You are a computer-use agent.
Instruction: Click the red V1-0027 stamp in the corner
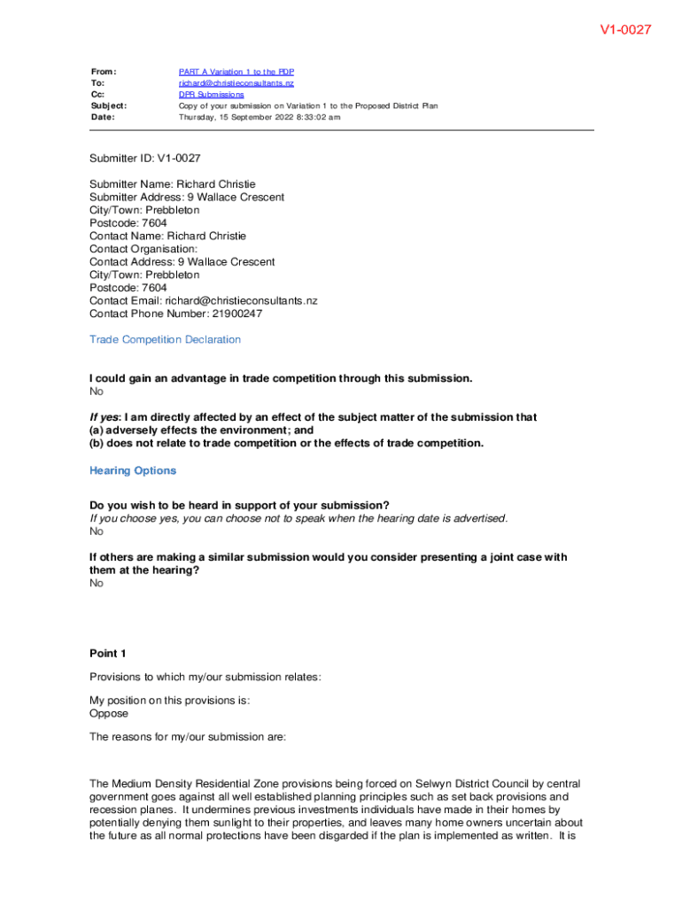(x=625, y=30)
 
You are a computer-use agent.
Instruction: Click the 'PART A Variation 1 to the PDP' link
(x=236, y=72)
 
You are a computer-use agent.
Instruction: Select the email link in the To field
(x=236, y=83)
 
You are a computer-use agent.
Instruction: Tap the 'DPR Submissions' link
(x=212, y=95)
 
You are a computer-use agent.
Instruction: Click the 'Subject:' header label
(x=109, y=105)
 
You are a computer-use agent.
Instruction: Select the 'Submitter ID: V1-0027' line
(x=145, y=159)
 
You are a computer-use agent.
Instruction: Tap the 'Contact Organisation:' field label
(x=143, y=249)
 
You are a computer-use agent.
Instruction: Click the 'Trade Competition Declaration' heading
(x=165, y=340)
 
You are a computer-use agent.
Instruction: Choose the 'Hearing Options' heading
(x=133, y=471)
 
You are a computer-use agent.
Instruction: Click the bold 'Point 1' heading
(x=108, y=654)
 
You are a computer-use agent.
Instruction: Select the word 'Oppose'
(x=109, y=713)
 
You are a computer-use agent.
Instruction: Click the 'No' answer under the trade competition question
(x=97, y=391)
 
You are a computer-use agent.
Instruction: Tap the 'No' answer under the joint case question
(x=97, y=584)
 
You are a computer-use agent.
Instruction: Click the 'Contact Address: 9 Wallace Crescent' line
(x=182, y=262)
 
